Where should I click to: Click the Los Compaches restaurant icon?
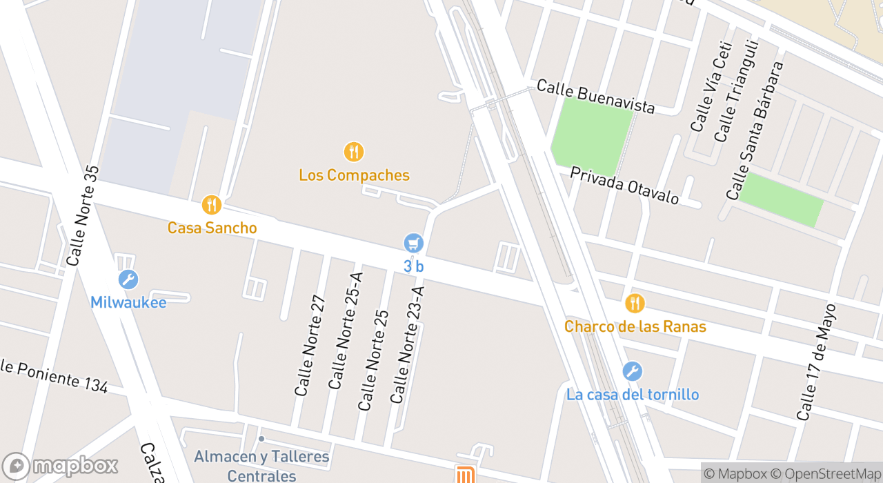coord(353,152)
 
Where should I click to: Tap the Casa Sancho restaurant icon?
coord(212,205)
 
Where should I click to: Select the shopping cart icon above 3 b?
coord(413,243)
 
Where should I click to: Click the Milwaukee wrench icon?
coord(128,279)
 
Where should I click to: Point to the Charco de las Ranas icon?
coord(634,303)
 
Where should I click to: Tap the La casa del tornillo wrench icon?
coord(632,371)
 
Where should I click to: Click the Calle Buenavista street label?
coord(595,97)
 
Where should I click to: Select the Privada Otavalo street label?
coord(624,186)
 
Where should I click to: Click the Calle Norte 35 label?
coord(83,215)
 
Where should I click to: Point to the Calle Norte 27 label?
coord(309,346)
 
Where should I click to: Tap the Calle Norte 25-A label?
coord(345,331)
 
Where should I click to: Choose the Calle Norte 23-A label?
coord(407,344)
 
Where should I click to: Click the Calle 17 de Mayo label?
coord(816,362)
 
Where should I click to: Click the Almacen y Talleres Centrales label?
coord(261,466)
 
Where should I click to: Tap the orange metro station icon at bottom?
coord(465,475)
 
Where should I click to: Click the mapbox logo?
coord(60,466)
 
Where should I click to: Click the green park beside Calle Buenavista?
coord(592,135)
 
